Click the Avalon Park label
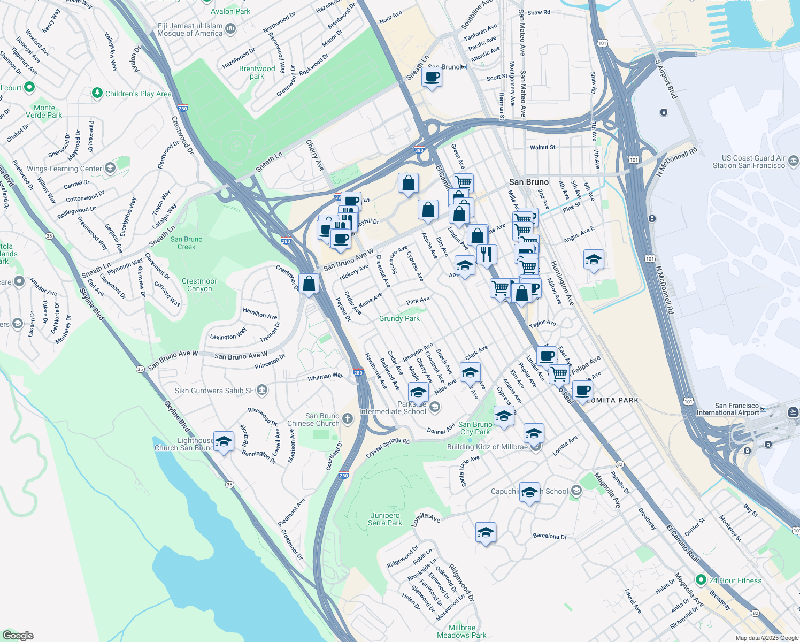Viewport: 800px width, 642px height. [x=230, y=11]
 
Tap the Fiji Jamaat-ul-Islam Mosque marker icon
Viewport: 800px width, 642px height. [x=230, y=28]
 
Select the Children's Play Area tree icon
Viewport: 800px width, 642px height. [x=97, y=93]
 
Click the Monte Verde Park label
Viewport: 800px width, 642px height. [x=44, y=111]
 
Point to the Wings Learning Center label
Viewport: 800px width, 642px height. [x=64, y=169]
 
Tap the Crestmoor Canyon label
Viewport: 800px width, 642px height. [x=199, y=285]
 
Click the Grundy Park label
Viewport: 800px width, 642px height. [x=399, y=318]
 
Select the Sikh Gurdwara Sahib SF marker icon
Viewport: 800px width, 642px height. [x=261, y=390]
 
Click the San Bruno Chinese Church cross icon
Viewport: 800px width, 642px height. [x=348, y=418]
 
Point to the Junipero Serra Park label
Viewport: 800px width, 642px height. [x=385, y=519]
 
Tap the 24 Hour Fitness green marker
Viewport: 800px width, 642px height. [x=701, y=580]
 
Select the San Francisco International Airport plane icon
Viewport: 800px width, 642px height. [x=793, y=411]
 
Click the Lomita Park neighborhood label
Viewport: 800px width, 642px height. [x=613, y=400]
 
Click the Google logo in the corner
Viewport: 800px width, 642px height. [x=18, y=635]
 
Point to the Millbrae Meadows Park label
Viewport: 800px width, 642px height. [x=461, y=631]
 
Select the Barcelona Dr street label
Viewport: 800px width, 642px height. [x=550, y=536]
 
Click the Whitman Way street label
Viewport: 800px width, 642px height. [x=325, y=377]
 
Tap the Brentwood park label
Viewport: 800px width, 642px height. [x=257, y=72]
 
